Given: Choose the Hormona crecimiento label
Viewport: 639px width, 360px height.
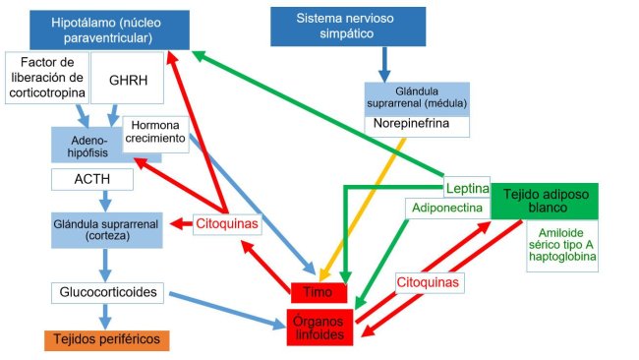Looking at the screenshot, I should pos(155,132).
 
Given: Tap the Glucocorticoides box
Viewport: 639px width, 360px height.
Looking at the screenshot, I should pos(106,292).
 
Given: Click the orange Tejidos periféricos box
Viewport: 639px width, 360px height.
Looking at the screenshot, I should pos(105,339).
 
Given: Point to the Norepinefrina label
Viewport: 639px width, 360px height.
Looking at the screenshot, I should pos(418,125).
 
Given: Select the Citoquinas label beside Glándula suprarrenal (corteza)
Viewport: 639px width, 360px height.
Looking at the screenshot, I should pos(227,224).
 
